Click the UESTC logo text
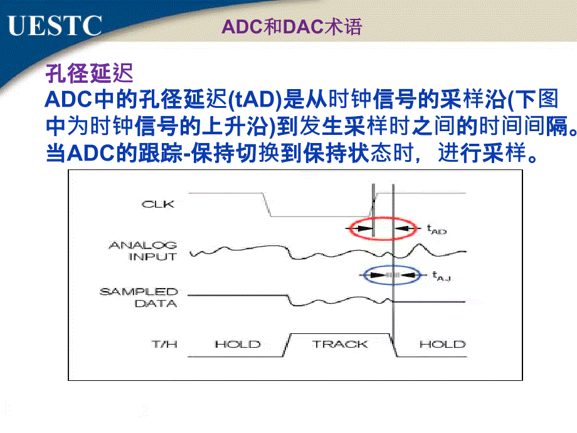(55, 25)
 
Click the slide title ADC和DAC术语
(292, 26)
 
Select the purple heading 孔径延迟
(89, 73)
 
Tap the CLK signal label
(157, 204)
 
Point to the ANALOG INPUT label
(143, 251)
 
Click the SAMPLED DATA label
(139, 297)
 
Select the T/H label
(164, 345)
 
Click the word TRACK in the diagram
(340, 345)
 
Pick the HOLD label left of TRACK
(238, 345)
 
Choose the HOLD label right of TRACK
(442, 345)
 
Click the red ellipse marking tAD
(349, 228)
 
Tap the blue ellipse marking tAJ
(364, 275)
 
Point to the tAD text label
(437, 230)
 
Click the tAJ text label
(441, 275)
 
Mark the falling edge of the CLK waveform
(267, 205)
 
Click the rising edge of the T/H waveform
(287, 345)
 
